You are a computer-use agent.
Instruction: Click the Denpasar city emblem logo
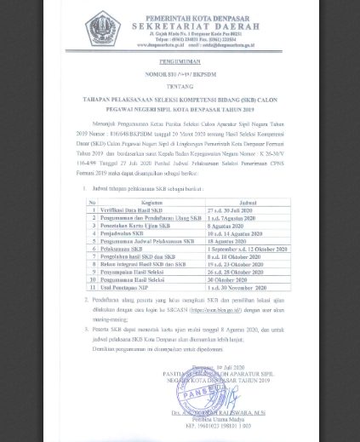(x=103, y=28)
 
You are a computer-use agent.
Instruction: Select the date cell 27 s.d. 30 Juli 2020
(x=234, y=210)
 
